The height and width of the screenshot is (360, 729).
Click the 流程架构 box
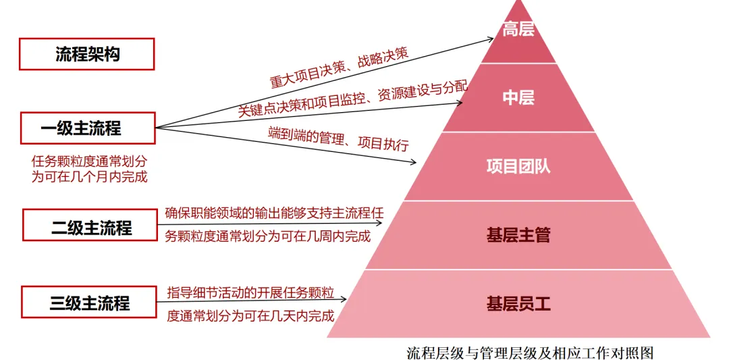pos(87,54)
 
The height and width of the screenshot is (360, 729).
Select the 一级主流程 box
pos(88,128)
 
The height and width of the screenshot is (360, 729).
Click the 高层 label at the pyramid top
pos(518,30)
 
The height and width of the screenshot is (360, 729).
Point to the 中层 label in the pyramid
pos(518,98)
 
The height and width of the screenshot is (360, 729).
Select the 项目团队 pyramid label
pos(518,166)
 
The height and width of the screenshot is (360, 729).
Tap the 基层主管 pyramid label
pos(518,235)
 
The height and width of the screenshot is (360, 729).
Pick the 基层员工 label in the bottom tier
pos(518,303)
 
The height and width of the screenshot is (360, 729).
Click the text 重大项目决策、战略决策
pos(340,68)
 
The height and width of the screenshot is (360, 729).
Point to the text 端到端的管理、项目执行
pos(339,136)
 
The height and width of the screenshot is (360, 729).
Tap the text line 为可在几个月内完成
pos(90,177)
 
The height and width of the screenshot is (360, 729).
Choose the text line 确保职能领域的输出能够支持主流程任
pos(274,213)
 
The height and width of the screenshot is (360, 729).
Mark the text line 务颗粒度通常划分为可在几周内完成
pos(268,236)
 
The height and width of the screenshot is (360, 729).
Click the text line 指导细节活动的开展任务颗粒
pos(251,292)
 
